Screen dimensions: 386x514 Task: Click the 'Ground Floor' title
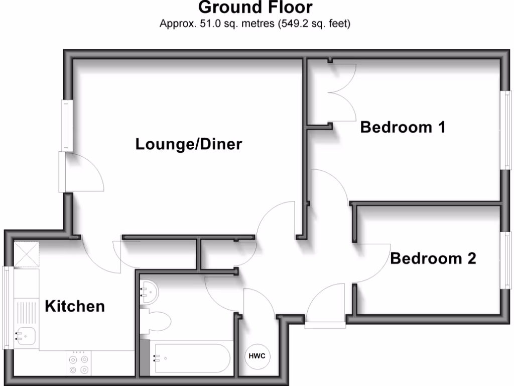tap(255, 8)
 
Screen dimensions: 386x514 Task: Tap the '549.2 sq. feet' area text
tap(314, 23)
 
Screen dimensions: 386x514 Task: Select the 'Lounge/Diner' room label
tap(189, 145)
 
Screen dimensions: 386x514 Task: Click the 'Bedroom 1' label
tap(403, 127)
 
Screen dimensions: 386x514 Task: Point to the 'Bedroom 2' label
tap(433, 258)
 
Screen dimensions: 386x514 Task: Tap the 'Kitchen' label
tap(75, 306)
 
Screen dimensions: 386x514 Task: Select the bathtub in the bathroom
tap(191, 359)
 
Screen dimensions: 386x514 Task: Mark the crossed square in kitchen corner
tap(26, 254)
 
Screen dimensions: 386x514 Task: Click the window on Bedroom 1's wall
tap(507, 130)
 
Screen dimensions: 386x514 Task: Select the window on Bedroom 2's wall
tap(507, 260)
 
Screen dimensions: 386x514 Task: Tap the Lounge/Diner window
tap(65, 125)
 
